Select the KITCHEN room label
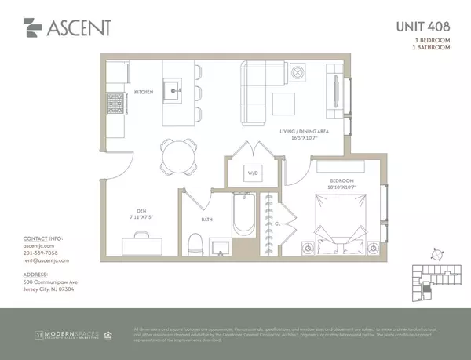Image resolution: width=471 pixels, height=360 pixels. pos(144,93)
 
